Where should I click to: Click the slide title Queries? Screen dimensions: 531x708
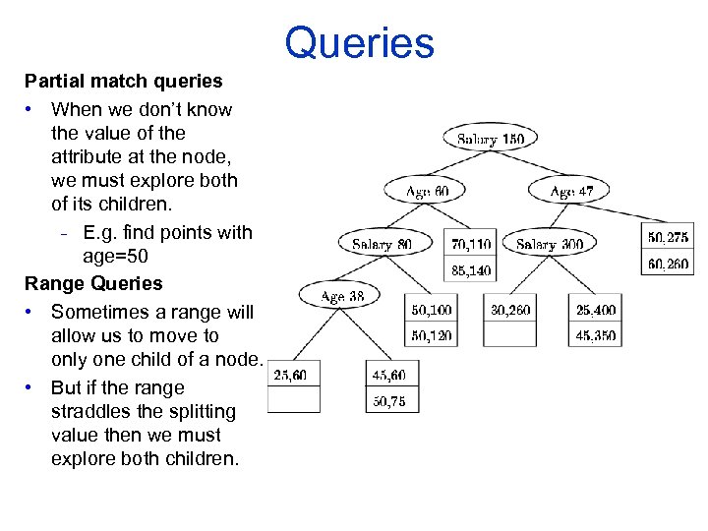[359, 43]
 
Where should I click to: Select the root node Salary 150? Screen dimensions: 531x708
[491, 139]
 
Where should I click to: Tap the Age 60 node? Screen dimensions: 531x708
[422, 192]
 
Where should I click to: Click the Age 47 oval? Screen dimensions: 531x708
[570, 192]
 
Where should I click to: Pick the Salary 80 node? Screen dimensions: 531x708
[383, 244]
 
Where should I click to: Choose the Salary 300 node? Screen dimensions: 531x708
[549, 244]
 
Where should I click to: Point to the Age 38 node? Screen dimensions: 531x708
[342, 295]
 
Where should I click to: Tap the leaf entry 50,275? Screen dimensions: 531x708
[668, 237]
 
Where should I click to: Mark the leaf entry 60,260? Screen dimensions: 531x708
[668, 263]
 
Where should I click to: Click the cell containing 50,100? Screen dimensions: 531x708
[432, 310]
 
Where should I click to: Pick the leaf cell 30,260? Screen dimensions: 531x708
[510, 310]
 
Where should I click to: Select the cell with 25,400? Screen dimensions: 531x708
[596, 310]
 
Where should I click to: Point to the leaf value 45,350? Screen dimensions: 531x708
[596, 334]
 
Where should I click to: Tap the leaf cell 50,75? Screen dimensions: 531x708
[388, 400]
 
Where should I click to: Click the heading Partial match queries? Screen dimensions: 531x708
[124, 81]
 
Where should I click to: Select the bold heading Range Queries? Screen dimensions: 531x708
[93, 283]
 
